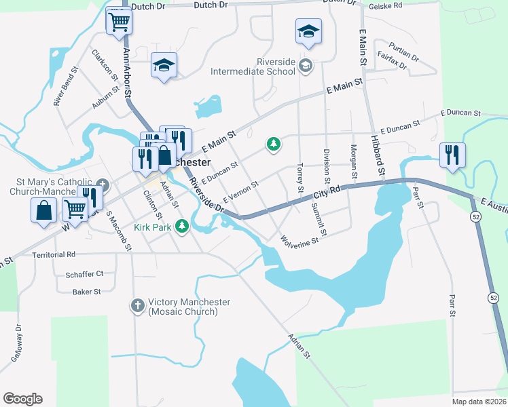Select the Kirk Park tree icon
click(181, 226)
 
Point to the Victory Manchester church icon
click(137, 306)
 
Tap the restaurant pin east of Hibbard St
click(452, 155)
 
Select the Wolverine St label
click(300, 240)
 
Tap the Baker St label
click(86, 292)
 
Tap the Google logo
click(22, 399)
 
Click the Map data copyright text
click(479, 402)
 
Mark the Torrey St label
click(300, 176)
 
